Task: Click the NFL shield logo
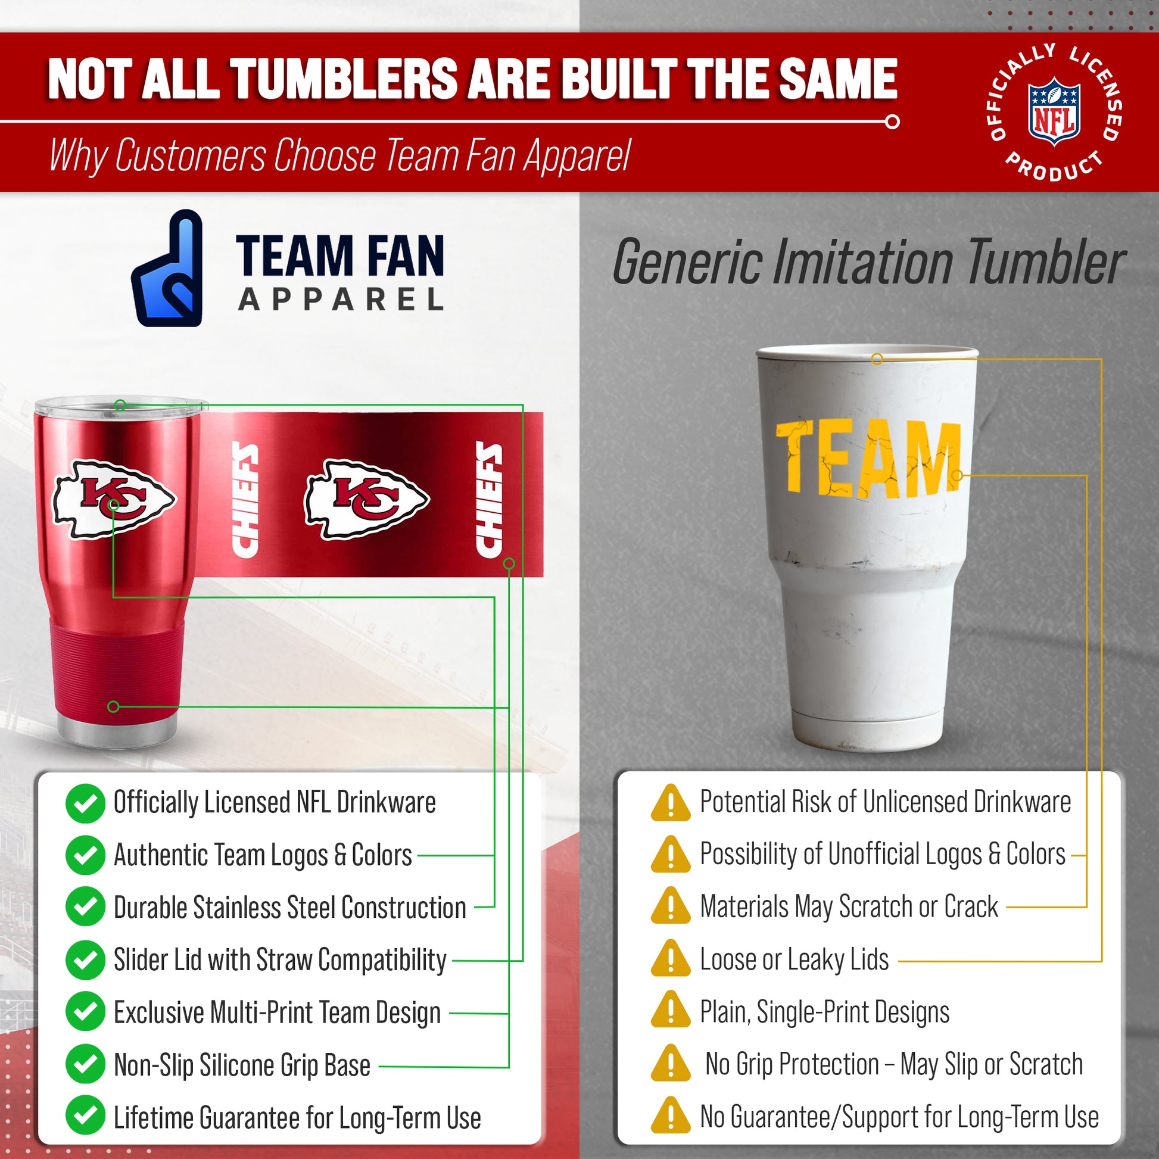[1054, 111]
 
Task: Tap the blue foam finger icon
[167, 268]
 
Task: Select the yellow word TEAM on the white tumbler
[868, 460]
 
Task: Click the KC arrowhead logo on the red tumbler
[113, 499]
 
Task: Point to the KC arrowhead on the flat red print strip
[366, 499]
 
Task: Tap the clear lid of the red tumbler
[120, 406]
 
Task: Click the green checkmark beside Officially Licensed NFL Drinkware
[85, 803]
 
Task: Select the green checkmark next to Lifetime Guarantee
[85, 1115]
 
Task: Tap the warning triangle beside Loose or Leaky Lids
[671, 959]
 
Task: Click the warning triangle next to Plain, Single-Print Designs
[671, 1011]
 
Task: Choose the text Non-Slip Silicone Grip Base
[242, 1065]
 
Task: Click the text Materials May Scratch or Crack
[849, 907]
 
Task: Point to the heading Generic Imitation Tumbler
[868, 262]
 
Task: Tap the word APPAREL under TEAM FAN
[341, 299]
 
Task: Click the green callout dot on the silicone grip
[113, 707]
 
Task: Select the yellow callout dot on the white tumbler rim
[877, 359]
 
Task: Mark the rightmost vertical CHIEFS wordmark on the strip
[489, 499]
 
